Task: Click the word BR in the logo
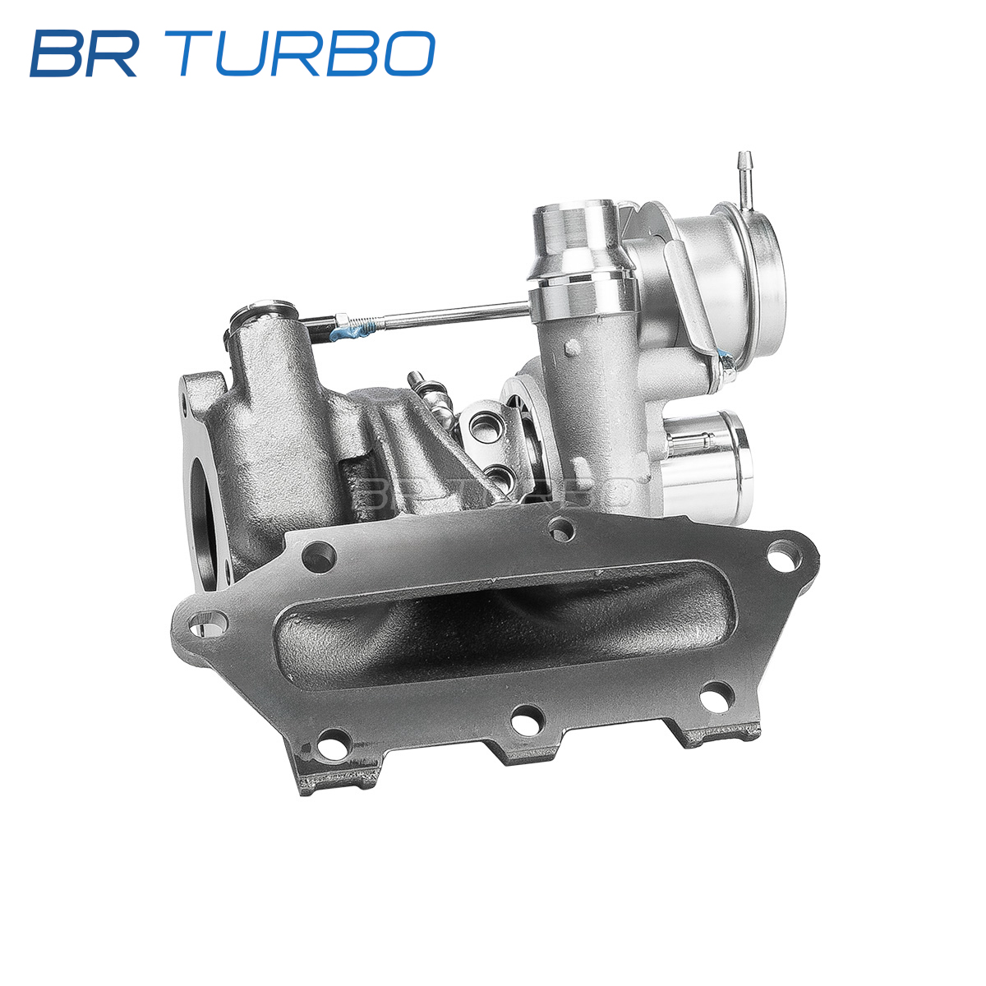click(84, 53)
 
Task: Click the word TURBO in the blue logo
click(299, 53)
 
